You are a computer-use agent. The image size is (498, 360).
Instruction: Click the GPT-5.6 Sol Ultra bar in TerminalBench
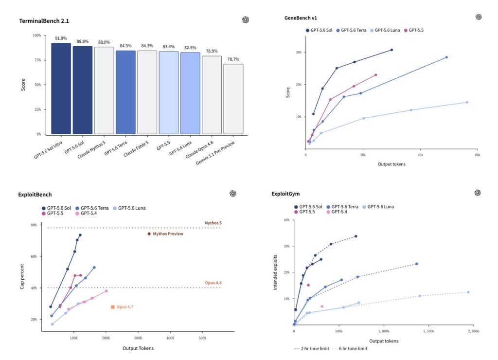pyautogui.click(x=61, y=89)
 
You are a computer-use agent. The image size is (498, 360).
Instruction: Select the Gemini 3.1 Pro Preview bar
pyautogui.click(x=233, y=99)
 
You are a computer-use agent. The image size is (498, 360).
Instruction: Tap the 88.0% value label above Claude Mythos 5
pyautogui.click(x=104, y=42)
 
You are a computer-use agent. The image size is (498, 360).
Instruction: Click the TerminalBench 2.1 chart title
pyautogui.click(x=44, y=21)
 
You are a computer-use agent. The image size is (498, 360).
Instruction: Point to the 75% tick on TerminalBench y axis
pyautogui.click(x=38, y=60)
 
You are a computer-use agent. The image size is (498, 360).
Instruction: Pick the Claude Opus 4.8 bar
pyautogui.click(x=212, y=95)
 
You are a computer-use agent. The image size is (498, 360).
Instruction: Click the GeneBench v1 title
pyautogui.click(x=301, y=18)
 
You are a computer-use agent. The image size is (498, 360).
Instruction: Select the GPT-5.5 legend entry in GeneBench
pyautogui.click(x=414, y=30)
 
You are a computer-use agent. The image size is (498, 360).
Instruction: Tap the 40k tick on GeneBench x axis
pyautogui.click(x=420, y=155)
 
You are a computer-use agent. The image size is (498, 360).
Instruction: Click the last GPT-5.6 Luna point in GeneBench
pyautogui.click(x=467, y=102)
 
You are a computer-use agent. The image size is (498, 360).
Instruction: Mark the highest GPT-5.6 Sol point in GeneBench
pyautogui.click(x=391, y=50)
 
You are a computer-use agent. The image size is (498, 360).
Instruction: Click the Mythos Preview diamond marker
pyautogui.click(x=149, y=234)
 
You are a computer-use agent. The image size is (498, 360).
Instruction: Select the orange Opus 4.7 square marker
pyautogui.click(x=113, y=307)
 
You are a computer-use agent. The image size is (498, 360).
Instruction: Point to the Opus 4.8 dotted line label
pyautogui.click(x=213, y=283)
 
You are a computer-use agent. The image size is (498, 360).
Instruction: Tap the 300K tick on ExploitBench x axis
pyautogui.click(x=138, y=338)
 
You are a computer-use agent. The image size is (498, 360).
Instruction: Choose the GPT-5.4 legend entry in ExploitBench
pyautogui.click(x=86, y=213)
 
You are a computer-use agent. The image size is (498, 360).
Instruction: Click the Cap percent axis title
pyautogui.click(x=22, y=276)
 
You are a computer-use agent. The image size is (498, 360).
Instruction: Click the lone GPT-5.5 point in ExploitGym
pyautogui.click(x=308, y=285)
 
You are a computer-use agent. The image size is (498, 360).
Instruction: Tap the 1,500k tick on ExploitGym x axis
pyautogui.click(x=429, y=331)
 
